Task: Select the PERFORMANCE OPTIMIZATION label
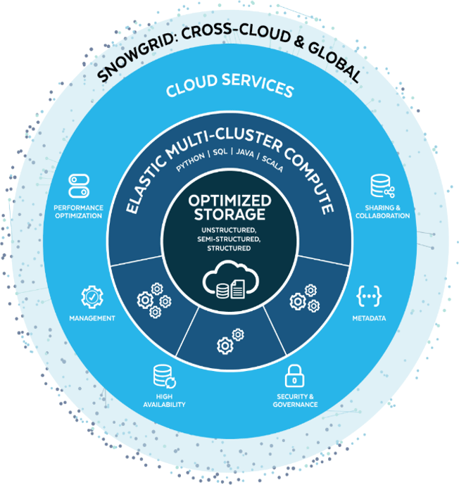pos(78,212)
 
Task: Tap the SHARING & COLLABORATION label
pos(383,212)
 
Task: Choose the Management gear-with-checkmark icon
pos(92,298)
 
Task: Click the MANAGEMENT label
pos(92,319)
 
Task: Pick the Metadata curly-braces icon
pos(368,297)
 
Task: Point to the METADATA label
pos(369,319)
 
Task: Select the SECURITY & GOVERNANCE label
pos(296,401)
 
